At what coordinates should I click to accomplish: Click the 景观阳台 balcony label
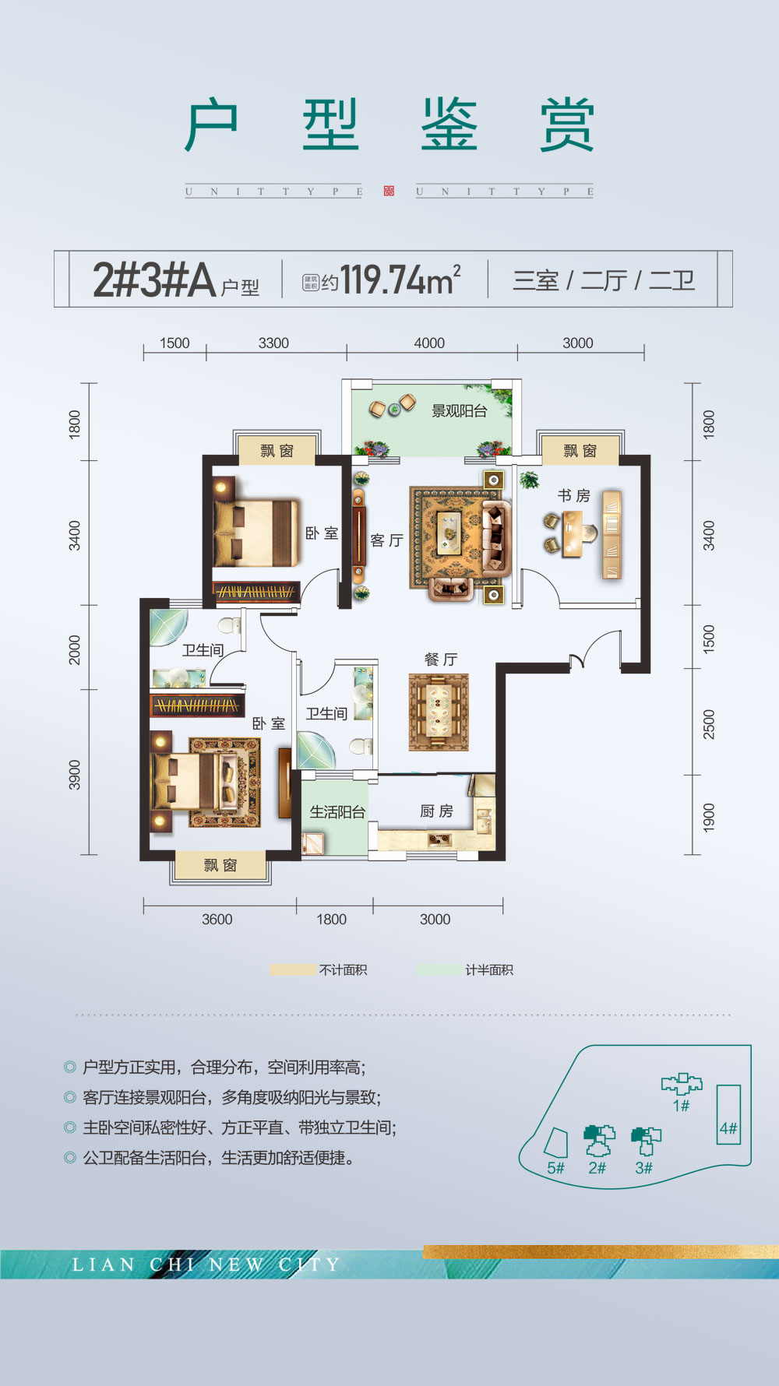460,411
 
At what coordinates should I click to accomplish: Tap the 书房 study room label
574,496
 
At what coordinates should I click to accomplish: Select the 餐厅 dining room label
440,660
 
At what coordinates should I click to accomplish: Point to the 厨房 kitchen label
436,811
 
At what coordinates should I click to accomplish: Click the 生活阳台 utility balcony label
337,812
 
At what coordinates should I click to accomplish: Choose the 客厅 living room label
386,540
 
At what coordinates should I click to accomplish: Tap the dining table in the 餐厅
439,712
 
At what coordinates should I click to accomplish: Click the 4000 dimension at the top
429,343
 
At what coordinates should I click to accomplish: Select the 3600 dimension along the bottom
217,920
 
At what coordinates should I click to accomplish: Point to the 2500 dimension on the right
708,724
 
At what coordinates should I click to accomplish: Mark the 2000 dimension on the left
75,649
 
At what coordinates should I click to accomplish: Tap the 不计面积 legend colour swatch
293,970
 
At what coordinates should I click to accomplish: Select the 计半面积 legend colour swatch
439,970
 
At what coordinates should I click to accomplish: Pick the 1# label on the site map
681,1106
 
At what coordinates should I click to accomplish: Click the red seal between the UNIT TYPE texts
389,192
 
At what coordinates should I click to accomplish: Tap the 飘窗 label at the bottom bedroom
220,865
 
